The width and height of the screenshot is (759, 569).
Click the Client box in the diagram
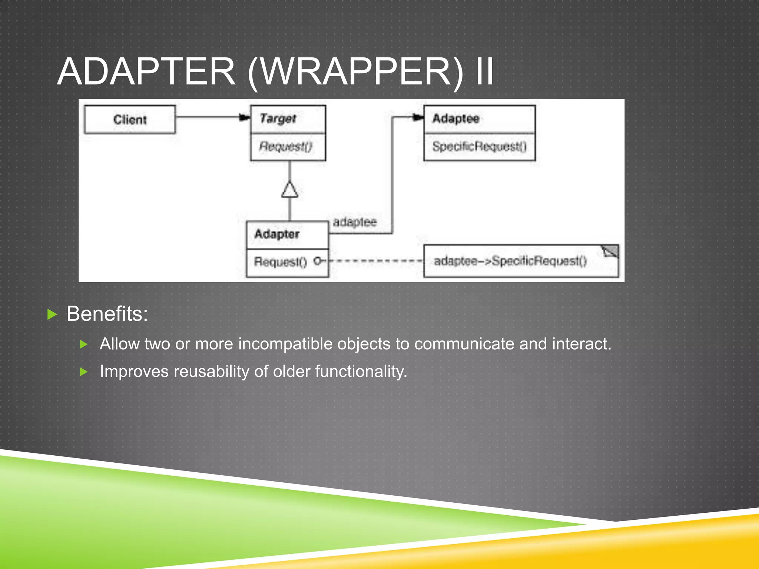click(x=130, y=119)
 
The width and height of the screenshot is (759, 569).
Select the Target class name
click(x=278, y=119)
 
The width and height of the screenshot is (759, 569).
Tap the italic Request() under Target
click(x=285, y=146)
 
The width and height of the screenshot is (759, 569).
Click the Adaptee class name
click(x=456, y=119)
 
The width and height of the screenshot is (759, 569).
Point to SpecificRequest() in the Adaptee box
click(x=479, y=146)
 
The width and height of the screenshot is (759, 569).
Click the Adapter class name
click(x=277, y=234)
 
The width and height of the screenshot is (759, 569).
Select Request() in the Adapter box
click(x=280, y=262)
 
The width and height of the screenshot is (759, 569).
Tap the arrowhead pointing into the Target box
click(x=245, y=117)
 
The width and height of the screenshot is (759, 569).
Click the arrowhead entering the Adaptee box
click(x=418, y=117)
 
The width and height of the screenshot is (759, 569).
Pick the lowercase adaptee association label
click(x=355, y=222)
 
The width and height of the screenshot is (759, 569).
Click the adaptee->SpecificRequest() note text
click(x=510, y=261)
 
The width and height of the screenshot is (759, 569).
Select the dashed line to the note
click(x=374, y=261)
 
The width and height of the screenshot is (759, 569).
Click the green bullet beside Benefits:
click(x=53, y=315)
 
